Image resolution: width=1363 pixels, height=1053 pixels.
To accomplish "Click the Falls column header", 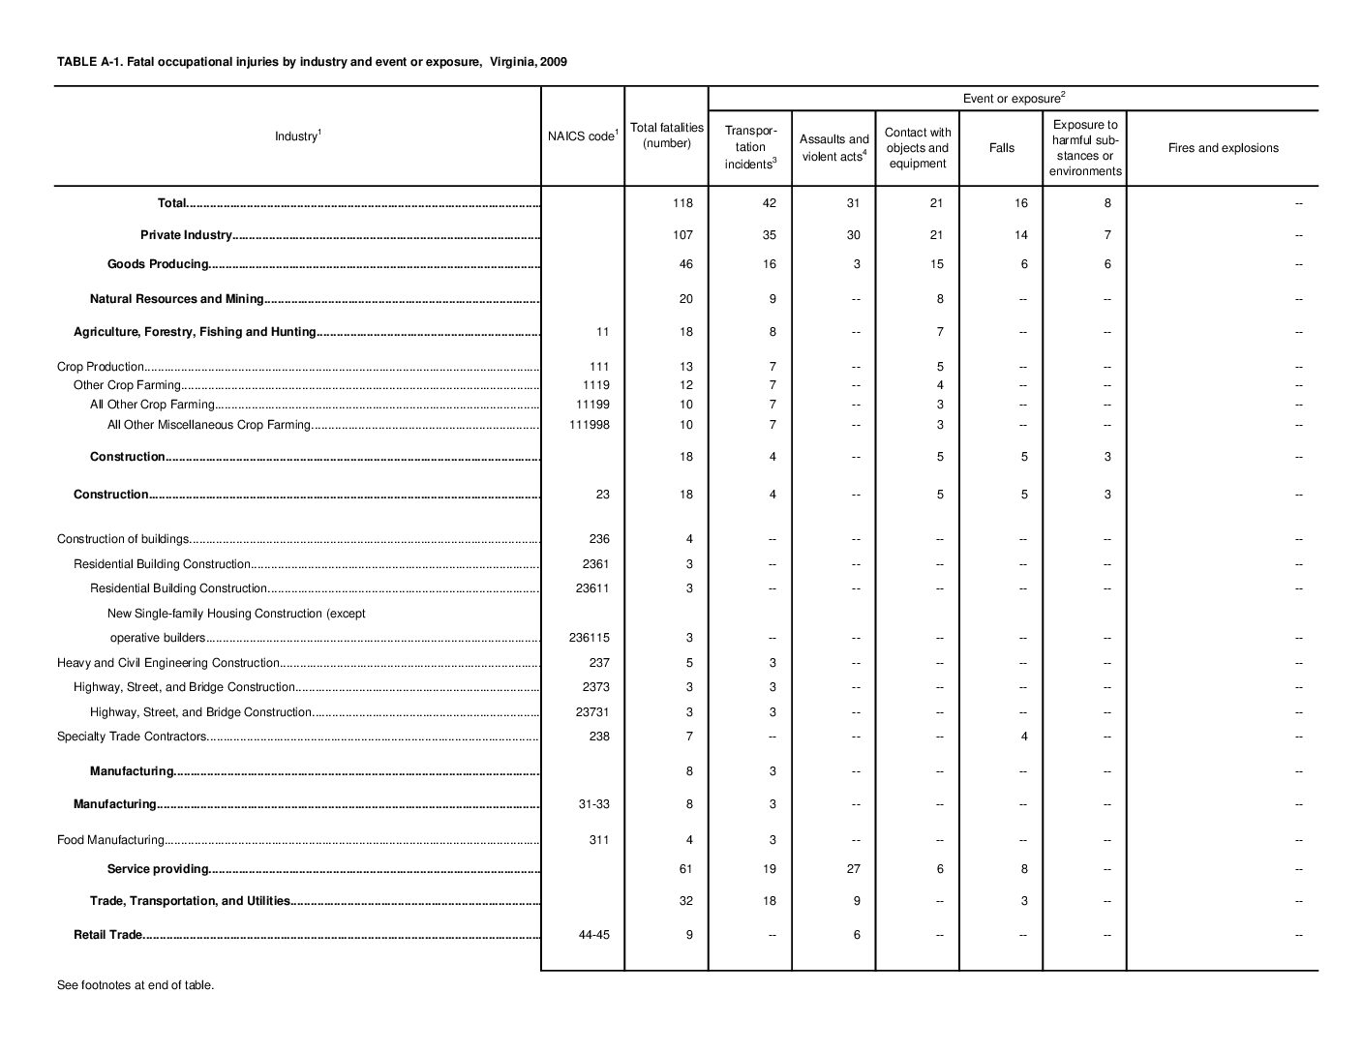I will click(x=1001, y=148).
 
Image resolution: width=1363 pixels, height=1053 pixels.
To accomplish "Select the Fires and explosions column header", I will click(x=1223, y=148).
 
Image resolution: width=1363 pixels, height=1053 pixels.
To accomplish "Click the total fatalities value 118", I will click(x=685, y=203).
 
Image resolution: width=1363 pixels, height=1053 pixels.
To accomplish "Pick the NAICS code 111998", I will click(x=592, y=425).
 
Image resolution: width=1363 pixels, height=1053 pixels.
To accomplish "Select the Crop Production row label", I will click(x=101, y=367).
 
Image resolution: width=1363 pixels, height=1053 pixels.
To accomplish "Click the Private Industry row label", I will click(x=186, y=235).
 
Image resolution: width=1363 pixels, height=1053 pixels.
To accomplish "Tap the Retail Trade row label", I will click(x=108, y=935).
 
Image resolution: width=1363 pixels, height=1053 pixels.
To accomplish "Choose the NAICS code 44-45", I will click(x=593, y=935).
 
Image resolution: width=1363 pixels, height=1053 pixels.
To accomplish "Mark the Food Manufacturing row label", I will click(x=110, y=840).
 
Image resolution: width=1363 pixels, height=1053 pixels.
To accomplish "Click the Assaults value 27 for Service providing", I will click(x=853, y=869).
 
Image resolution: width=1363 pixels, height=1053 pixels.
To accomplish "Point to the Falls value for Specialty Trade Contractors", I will click(x=1023, y=737).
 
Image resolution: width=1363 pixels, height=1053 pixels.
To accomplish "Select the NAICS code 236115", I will click(x=589, y=638).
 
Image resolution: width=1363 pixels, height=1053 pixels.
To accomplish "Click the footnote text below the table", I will click(x=136, y=985).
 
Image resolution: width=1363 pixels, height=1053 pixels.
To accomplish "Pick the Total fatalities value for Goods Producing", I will click(x=685, y=264).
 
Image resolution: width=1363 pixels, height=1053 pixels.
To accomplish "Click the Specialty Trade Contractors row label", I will click(x=132, y=737).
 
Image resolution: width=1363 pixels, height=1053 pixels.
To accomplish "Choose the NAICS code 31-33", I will click(x=593, y=804).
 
